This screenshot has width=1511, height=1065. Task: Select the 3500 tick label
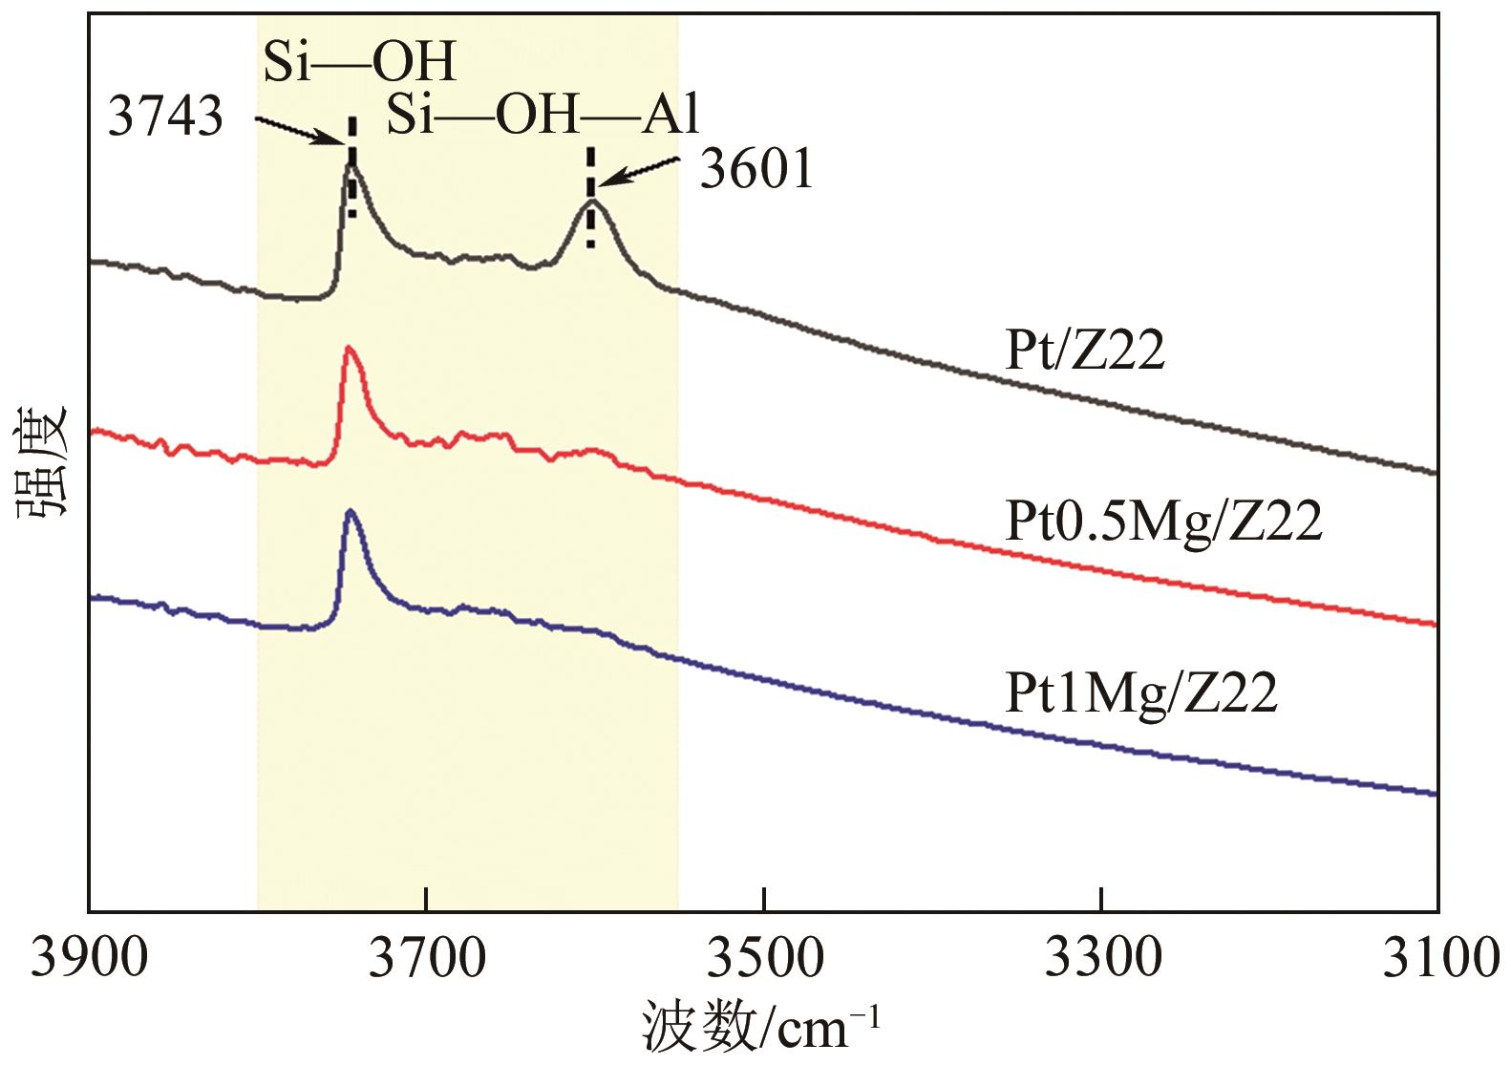(x=764, y=957)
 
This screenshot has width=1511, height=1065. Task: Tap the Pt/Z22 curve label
(x=1086, y=351)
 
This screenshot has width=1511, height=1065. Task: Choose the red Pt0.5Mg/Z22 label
(x=1164, y=522)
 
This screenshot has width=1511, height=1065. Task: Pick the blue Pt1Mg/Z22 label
(x=1141, y=693)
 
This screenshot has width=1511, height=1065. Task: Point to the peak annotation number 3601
(x=757, y=171)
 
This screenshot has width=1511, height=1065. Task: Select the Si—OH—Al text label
(x=543, y=116)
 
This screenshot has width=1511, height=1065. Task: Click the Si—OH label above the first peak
(x=359, y=63)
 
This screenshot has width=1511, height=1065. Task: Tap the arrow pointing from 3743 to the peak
(x=299, y=132)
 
